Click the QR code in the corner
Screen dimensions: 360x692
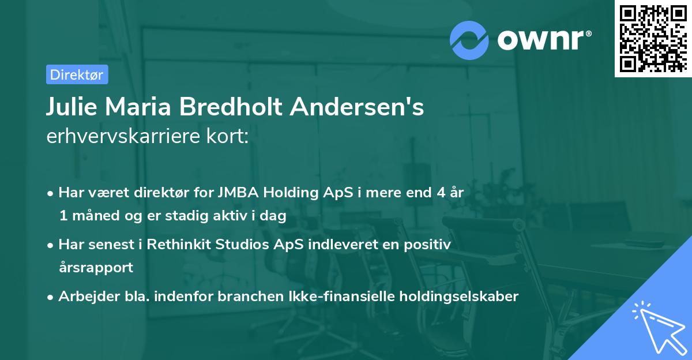653,38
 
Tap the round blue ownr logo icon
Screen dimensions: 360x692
469,39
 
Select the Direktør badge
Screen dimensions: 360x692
77,74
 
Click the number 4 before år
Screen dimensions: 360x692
438,193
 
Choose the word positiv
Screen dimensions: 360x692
428,244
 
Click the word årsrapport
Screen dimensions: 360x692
96,267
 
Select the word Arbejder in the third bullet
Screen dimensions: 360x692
84,296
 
